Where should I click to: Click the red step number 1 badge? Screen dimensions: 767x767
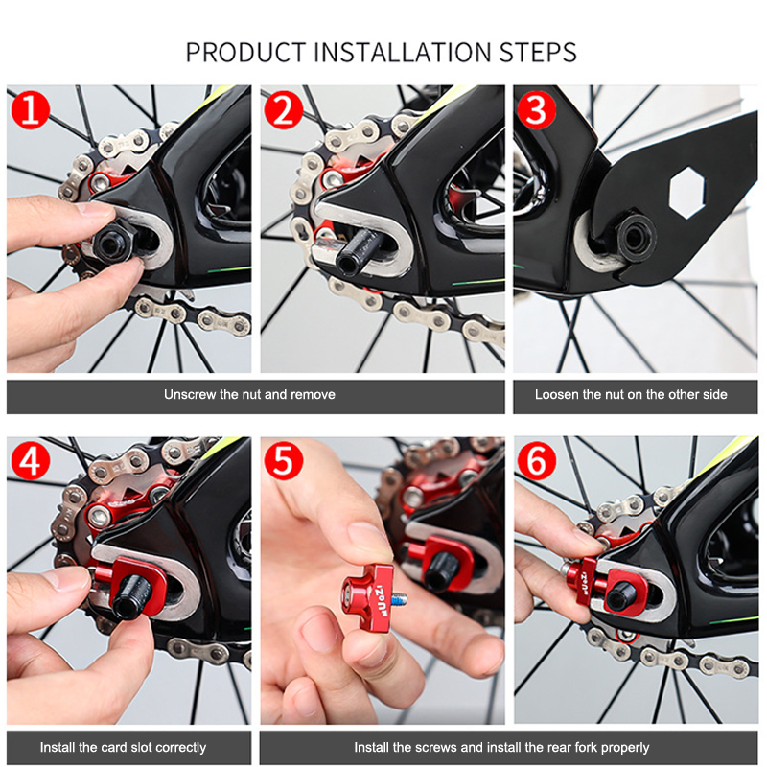click(x=31, y=109)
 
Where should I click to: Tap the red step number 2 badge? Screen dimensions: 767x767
click(x=284, y=109)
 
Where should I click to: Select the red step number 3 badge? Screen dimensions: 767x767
click(x=537, y=109)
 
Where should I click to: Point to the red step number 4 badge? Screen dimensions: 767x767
click(x=31, y=460)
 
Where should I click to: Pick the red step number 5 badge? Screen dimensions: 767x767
click(x=284, y=460)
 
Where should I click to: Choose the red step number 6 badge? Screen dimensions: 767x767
click(x=537, y=460)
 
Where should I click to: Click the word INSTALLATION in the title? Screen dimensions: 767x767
click(x=402, y=53)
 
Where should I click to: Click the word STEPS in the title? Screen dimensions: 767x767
click(x=538, y=53)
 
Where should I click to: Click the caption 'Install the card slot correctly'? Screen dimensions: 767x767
click(x=124, y=748)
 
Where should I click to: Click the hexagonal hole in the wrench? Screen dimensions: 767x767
click(x=687, y=192)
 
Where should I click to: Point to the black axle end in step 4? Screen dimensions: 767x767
click(x=130, y=597)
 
